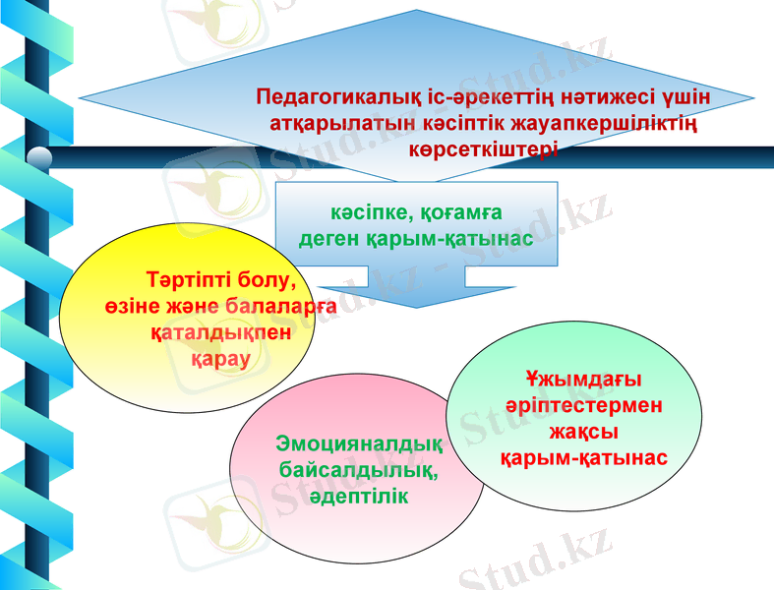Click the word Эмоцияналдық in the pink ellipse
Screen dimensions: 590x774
pos(359,443)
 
